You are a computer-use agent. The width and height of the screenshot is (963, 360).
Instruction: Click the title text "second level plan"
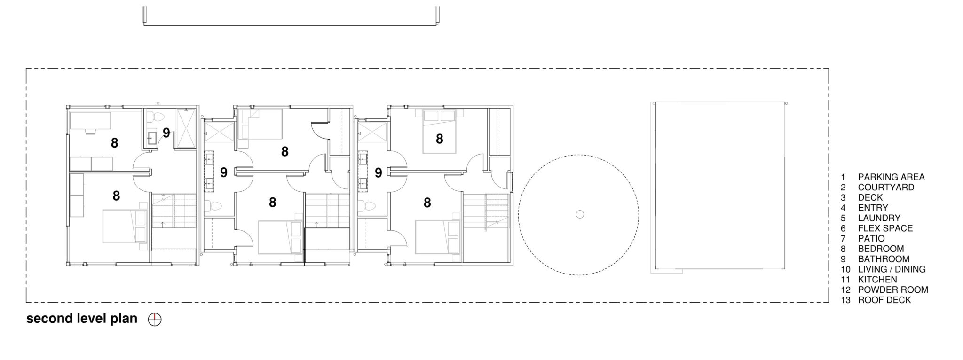[x=82, y=319]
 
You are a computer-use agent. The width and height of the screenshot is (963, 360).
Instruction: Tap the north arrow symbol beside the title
[x=155, y=320]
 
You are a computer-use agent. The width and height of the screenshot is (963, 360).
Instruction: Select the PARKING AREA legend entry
[x=891, y=177]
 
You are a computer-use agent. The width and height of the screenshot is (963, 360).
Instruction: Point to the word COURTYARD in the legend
[x=886, y=187]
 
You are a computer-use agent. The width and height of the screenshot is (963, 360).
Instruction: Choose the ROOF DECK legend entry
[x=884, y=300]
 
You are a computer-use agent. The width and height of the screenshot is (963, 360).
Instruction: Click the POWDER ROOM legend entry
[x=892, y=290]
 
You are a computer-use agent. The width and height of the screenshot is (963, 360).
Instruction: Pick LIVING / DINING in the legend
[x=891, y=269]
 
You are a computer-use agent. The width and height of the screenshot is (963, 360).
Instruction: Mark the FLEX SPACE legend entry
[x=885, y=228]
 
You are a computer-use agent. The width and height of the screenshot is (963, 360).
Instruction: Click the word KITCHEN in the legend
[x=877, y=280]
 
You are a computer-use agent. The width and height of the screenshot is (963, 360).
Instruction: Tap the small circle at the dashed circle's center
[x=580, y=214]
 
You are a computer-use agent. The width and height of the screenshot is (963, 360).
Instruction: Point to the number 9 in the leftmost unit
[x=166, y=133]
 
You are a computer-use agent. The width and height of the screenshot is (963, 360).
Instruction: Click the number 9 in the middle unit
[x=224, y=172]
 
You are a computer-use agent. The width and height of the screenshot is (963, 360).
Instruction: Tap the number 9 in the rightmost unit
[x=378, y=173]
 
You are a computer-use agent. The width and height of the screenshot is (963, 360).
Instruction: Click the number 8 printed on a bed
[x=439, y=139]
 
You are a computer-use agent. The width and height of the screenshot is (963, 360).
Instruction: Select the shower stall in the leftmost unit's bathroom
[x=185, y=128]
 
